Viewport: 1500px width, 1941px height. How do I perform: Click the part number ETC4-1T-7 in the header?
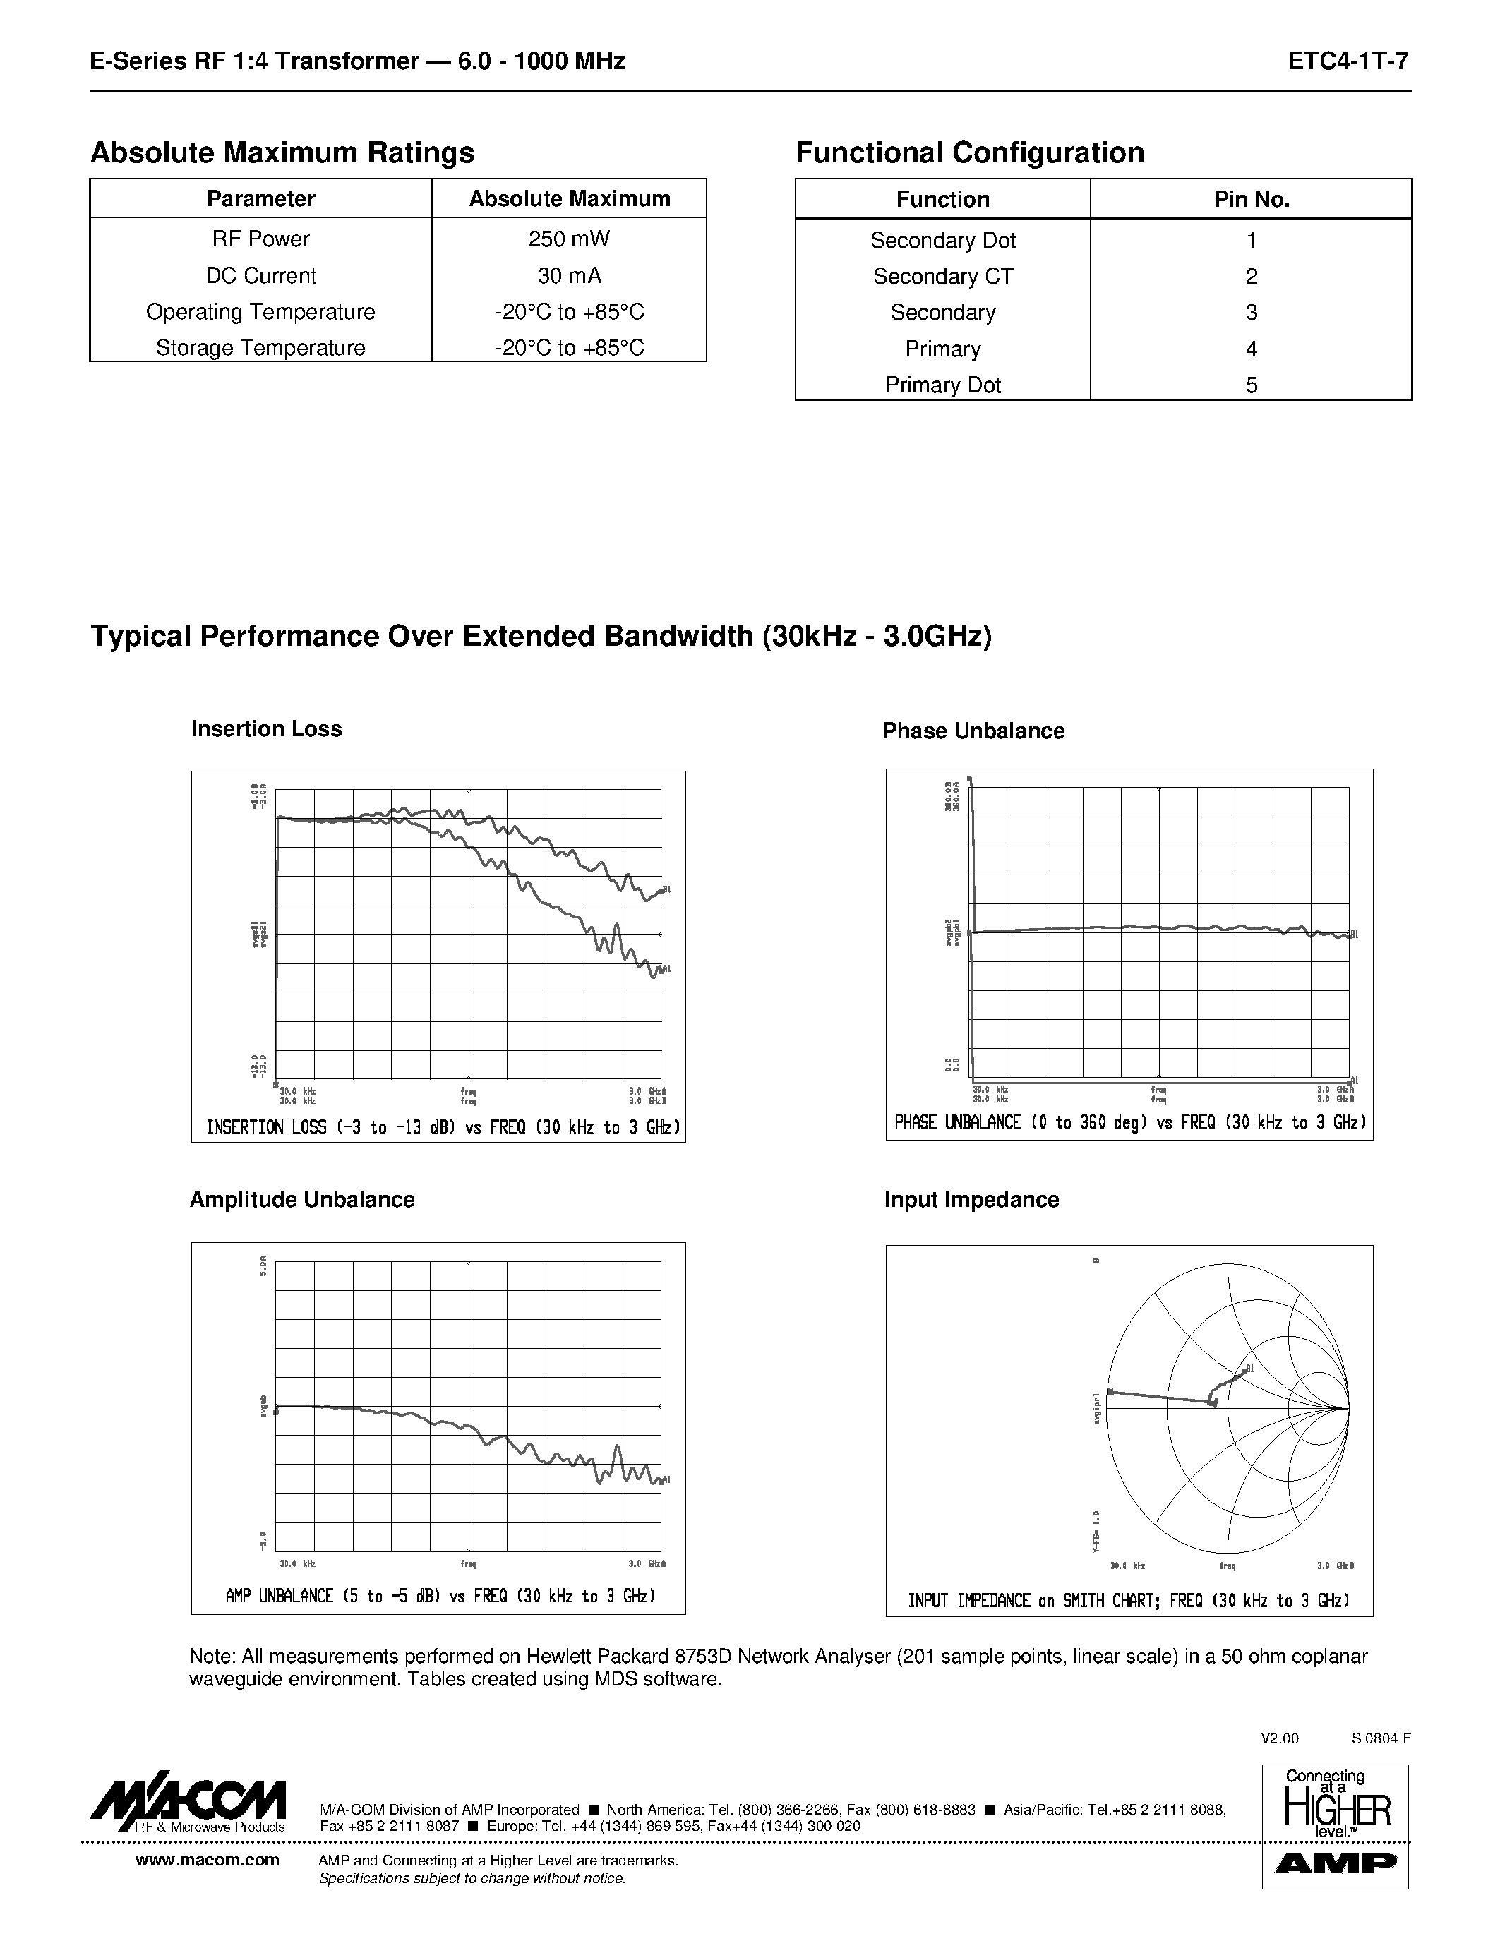pos(1348,61)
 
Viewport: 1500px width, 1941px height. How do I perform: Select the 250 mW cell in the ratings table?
pos(569,239)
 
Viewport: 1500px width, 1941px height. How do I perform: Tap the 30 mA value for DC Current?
pos(569,275)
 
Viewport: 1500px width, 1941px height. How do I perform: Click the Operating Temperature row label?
pos(260,312)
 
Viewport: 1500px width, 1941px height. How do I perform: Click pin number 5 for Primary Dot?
pos(1252,385)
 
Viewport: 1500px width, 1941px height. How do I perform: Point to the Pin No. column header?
pos(1252,199)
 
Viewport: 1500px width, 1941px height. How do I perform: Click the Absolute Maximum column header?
pos(569,198)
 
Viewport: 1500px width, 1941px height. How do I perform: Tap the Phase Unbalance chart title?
pos(973,731)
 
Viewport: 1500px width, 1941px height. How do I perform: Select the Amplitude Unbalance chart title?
pos(301,1200)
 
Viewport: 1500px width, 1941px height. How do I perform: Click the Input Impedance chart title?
pos(971,1200)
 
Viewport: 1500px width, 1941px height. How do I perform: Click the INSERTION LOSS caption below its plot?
pos(443,1128)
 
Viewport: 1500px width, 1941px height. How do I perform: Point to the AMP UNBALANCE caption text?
pos(440,1596)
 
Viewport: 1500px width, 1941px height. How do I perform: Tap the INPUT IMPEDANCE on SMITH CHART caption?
pos(1129,1601)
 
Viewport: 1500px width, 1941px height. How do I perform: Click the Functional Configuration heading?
pos(969,153)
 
